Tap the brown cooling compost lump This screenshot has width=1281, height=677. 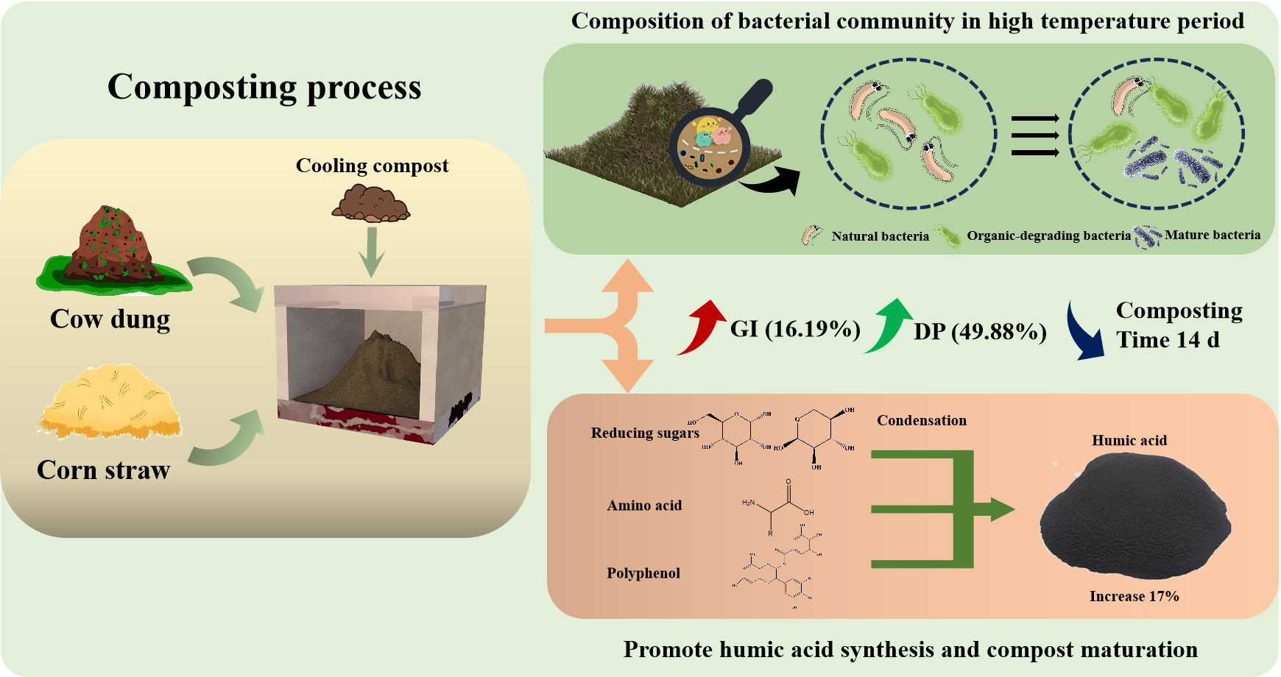pos(371,204)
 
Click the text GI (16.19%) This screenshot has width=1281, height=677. pos(795,329)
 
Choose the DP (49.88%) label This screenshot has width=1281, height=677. pos(980,332)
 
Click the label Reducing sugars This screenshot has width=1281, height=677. pos(645,433)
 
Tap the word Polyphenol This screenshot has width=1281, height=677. pos(643,573)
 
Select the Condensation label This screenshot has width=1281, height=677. pos(922,420)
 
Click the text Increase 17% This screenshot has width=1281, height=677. pos(1134,596)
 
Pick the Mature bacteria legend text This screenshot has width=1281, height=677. pos(1212,235)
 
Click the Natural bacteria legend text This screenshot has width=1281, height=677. pos(880,236)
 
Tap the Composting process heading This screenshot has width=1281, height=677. pos(264,87)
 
